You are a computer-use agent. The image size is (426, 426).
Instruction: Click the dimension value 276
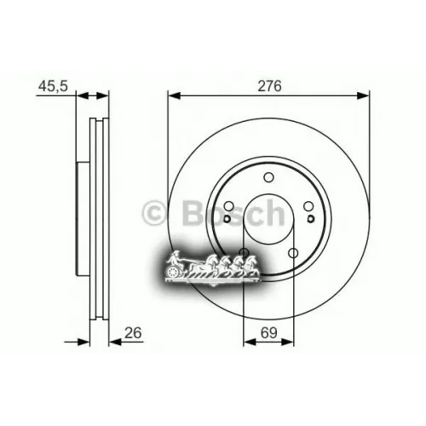click(267, 85)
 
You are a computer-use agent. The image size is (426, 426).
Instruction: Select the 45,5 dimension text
click(53, 85)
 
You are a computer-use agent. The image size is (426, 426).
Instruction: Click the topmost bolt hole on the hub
click(268, 177)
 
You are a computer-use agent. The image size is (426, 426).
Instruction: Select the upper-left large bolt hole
click(228, 206)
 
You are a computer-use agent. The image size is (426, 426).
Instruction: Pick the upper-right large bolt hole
click(308, 206)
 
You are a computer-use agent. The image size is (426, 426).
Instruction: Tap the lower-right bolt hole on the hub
click(293, 252)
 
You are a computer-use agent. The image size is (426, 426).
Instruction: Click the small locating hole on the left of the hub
click(227, 219)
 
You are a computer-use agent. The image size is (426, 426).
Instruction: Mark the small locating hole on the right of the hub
click(311, 218)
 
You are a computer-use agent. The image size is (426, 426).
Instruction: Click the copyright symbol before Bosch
click(156, 211)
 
